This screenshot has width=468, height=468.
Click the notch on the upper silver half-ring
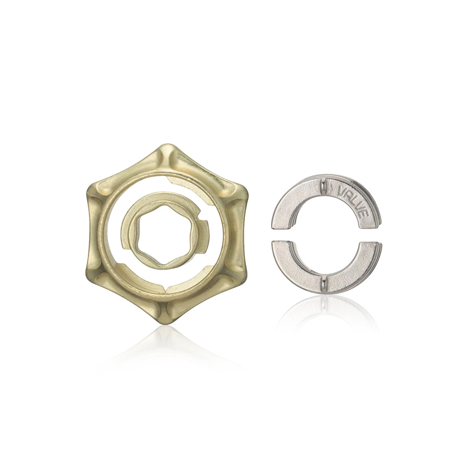point(323,187)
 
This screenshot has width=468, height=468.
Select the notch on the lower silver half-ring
point(323,283)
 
